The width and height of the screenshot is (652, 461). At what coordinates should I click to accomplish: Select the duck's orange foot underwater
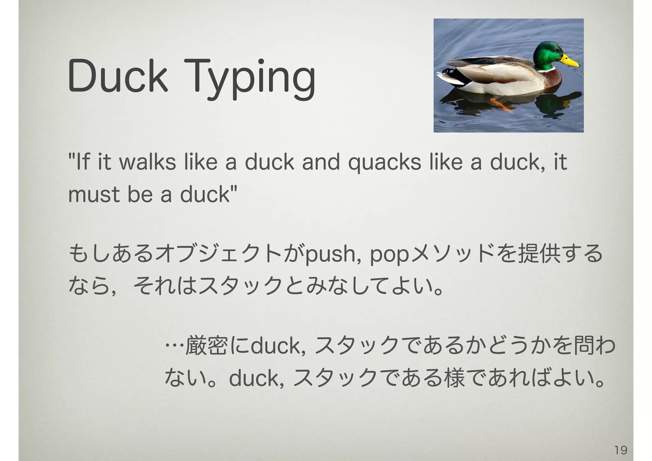pos(501,104)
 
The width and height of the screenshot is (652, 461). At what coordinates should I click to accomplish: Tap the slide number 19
pos(620,450)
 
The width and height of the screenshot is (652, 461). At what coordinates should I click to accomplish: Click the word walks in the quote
pos(147,162)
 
